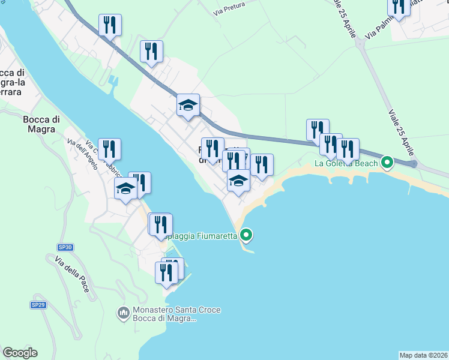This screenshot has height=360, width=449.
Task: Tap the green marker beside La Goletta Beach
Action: point(387,162)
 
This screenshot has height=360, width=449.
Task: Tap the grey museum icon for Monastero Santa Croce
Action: point(124,313)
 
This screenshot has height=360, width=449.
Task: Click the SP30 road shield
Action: point(65,247)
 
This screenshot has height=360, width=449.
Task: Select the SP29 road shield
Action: point(38,305)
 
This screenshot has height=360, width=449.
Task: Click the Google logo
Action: point(20,353)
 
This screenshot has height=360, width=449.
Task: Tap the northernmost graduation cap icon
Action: point(188,106)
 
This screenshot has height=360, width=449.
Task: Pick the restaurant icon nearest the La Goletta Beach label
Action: point(348,148)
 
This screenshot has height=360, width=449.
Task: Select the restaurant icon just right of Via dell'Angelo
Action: point(109,148)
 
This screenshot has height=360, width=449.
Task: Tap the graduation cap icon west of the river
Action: point(125,188)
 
